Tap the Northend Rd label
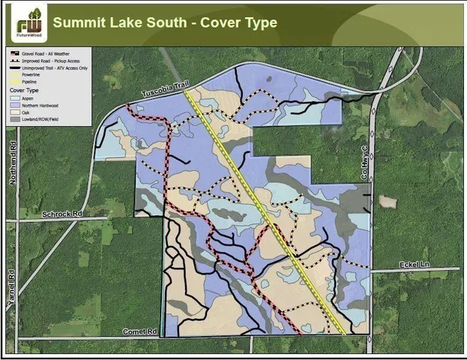click(x=12, y=157)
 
